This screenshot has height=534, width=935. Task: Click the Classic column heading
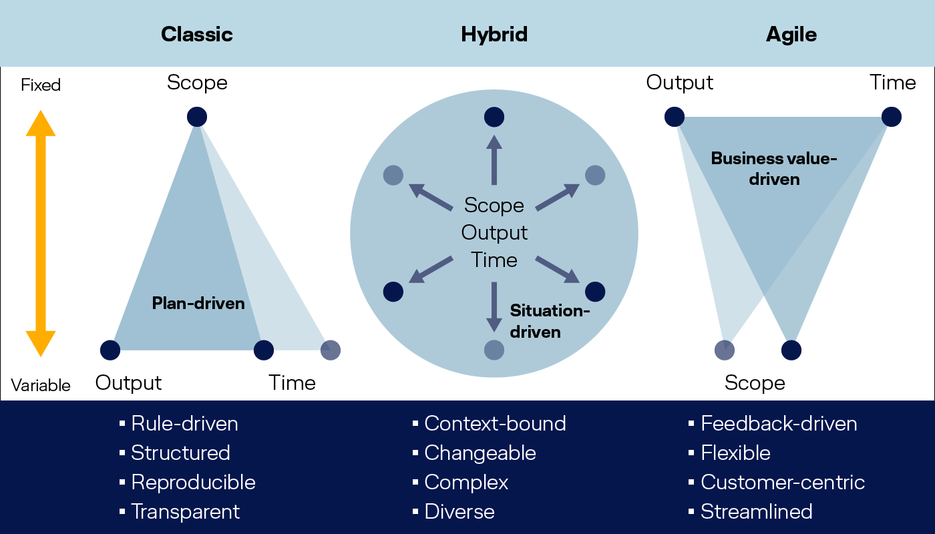(x=197, y=34)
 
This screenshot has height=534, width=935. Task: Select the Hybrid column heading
(x=494, y=35)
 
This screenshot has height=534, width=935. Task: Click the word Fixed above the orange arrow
(x=41, y=85)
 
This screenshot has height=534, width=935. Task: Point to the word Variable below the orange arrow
(x=41, y=386)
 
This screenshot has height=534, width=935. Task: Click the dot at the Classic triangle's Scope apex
(x=197, y=117)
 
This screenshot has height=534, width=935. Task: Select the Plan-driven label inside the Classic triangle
(x=198, y=303)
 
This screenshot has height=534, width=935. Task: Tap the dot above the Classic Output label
(x=110, y=350)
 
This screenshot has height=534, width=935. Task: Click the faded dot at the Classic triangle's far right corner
(x=331, y=350)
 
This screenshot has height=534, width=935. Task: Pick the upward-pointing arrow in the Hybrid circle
(x=494, y=160)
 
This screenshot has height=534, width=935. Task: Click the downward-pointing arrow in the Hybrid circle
(x=494, y=307)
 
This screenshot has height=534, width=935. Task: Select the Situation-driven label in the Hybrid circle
(x=550, y=321)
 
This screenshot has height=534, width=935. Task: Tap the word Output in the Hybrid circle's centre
(x=494, y=233)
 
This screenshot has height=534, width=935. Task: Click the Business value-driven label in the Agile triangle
(x=774, y=169)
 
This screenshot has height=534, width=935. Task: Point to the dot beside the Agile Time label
(x=892, y=117)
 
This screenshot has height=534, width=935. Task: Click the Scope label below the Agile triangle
(x=755, y=383)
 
